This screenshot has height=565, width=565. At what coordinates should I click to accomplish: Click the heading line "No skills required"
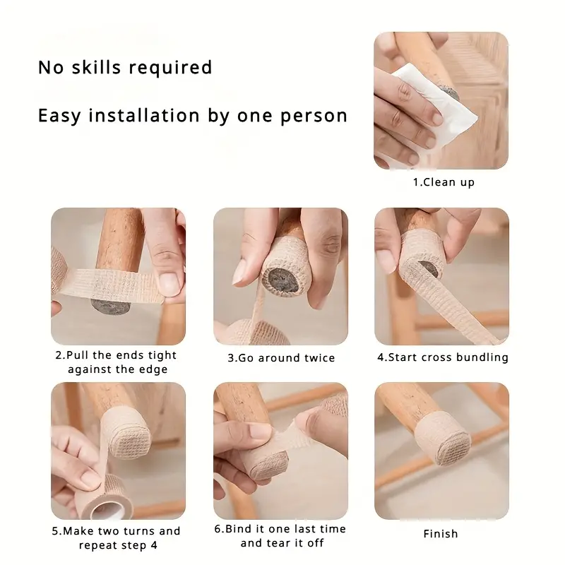pyautogui.click(x=125, y=68)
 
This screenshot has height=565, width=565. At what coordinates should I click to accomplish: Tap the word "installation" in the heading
pyautogui.click(x=139, y=115)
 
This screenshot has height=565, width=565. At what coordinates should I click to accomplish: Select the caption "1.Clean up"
pyautogui.click(x=444, y=182)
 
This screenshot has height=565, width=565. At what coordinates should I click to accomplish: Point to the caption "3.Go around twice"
pyautogui.click(x=280, y=358)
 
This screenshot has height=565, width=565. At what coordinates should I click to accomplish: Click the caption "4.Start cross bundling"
pyautogui.click(x=442, y=357)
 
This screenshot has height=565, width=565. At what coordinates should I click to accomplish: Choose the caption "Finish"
pyautogui.click(x=440, y=534)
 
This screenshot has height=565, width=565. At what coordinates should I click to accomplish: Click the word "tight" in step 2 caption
pyautogui.click(x=162, y=355)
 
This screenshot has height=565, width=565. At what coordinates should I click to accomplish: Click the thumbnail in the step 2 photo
pyautogui.click(x=167, y=284)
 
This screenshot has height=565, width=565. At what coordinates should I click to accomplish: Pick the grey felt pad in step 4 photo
pyautogui.click(x=427, y=269)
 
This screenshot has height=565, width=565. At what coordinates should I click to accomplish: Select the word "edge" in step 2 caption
pyautogui.click(x=154, y=370)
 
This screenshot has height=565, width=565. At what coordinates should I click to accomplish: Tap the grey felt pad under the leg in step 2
pyautogui.click(x=113, y=306)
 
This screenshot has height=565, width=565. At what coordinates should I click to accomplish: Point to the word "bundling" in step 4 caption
pyautogui.click(x=482, y=357)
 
